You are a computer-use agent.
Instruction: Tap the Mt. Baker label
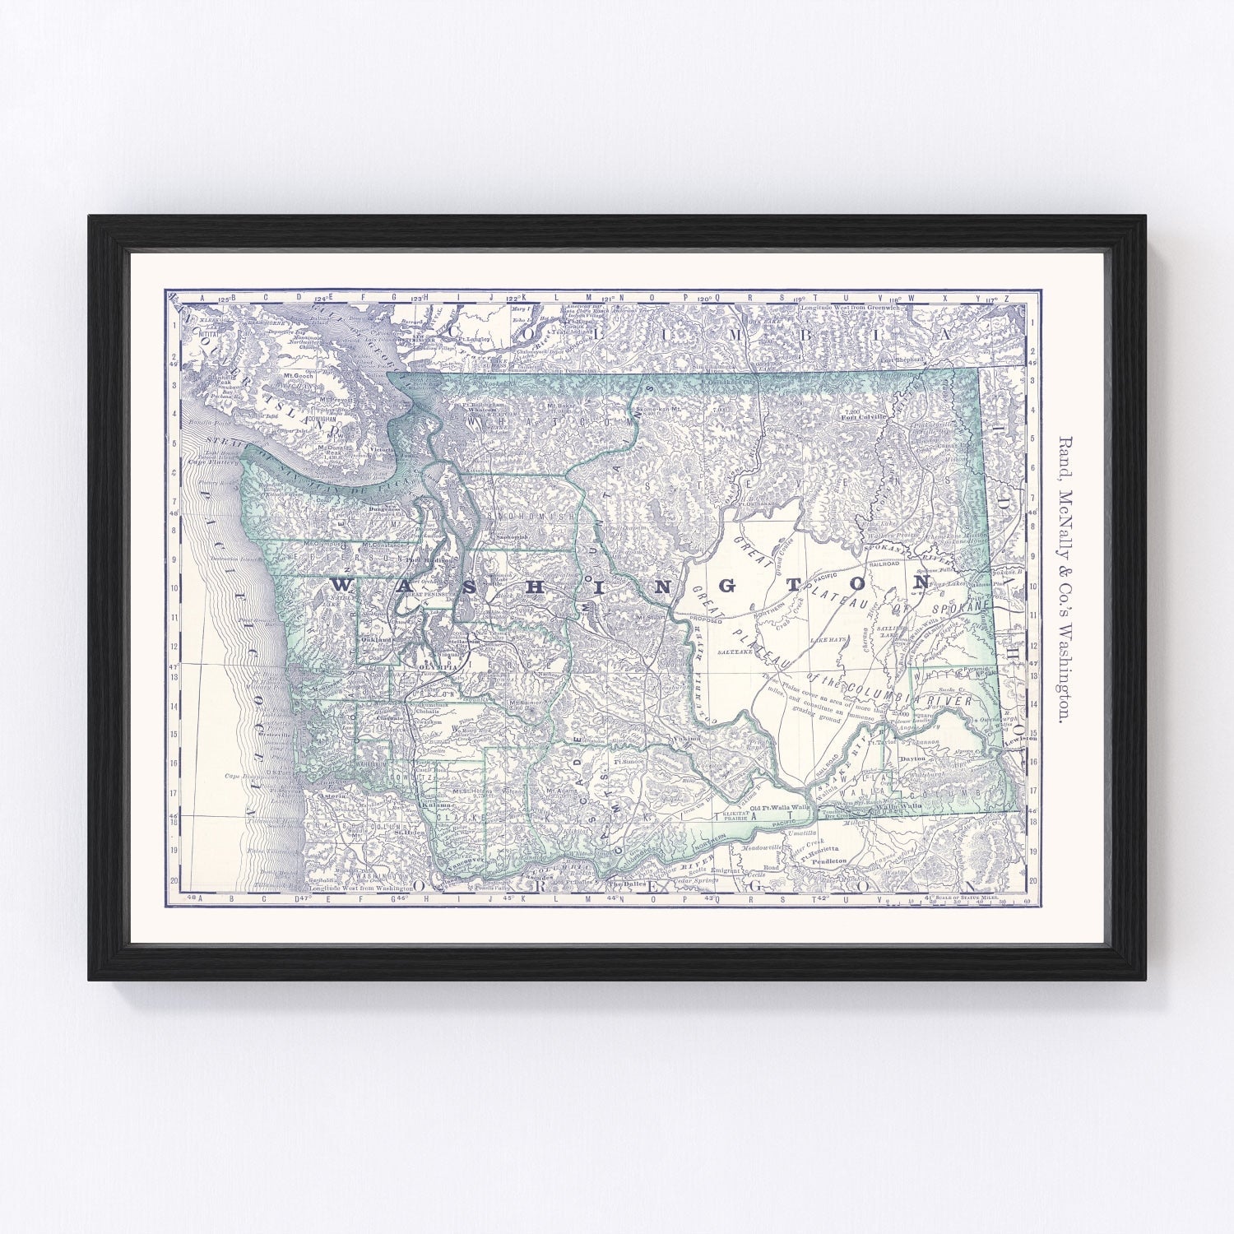click(559, 406)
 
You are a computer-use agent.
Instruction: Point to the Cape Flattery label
click(216, 462)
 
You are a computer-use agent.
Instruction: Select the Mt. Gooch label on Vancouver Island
click(299, 376)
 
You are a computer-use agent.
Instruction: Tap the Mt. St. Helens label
click(472, 791)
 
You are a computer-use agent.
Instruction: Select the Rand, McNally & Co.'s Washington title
click(1063, 579)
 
